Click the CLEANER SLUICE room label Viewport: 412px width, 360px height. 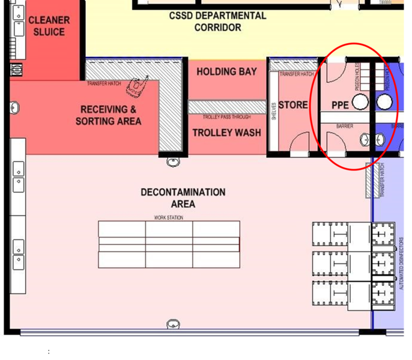pos(49,26)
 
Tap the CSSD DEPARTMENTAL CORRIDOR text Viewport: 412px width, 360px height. pos(217,22)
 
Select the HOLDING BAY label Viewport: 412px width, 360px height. pos(226,71)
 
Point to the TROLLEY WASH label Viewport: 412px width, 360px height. pos(226,133)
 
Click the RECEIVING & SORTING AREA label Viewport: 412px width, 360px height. pos(109,115)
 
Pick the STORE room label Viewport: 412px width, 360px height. pos(293,105)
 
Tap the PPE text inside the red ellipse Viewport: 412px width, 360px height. pos(340,105)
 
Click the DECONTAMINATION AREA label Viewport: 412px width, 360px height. pos(183,198)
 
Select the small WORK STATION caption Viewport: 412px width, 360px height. pos(169,217)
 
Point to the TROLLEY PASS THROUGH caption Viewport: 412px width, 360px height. pos(226,116)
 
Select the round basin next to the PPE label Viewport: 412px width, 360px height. pos(360,103)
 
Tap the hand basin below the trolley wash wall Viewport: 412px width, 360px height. pos(174,161)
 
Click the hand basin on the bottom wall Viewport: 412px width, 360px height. pos(174,325)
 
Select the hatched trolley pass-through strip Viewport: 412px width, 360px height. pos(226,107)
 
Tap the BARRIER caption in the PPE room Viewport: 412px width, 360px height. pos(345,127)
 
